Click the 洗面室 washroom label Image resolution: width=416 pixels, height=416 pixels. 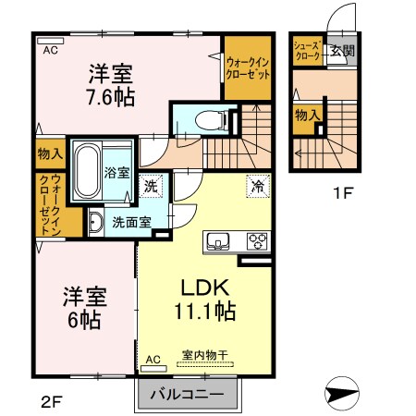130,222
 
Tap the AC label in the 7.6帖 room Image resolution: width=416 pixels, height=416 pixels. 50,51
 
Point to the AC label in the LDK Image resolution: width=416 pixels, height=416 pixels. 153,359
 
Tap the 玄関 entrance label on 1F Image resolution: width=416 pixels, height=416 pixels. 342,51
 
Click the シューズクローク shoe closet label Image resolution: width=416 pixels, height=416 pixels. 307,51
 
